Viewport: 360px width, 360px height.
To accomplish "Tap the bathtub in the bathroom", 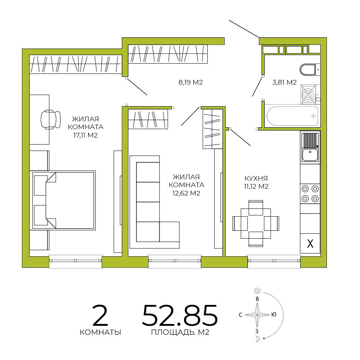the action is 292,116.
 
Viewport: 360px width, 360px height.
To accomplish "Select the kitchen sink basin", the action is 310,154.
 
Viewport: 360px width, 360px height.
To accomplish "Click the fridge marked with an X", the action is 310,243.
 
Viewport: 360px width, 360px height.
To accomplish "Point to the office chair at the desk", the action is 50,120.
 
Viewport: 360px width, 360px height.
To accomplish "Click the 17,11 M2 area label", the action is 85,135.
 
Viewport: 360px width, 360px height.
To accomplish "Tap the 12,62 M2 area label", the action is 186,193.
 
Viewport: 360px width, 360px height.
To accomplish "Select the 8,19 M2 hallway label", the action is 190,82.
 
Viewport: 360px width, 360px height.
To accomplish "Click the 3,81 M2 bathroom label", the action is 284,82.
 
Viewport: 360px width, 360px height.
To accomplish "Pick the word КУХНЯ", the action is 256,179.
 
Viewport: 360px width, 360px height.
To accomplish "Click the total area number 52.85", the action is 180,315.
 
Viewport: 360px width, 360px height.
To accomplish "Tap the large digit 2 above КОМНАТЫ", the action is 100,315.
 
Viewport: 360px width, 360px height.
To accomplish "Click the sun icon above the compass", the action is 257,291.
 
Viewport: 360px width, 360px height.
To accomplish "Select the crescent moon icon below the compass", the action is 258,339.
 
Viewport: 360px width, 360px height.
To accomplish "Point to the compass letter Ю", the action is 274,314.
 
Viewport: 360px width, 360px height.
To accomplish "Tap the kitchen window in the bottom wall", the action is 274,261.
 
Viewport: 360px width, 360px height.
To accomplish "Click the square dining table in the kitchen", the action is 256,223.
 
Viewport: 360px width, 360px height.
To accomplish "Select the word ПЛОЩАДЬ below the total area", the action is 172,332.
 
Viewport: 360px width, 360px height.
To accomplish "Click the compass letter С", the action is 240,315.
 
